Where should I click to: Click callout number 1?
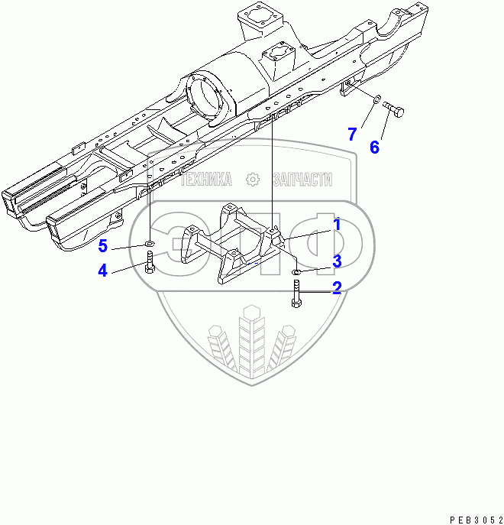335,225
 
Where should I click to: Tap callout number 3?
336,261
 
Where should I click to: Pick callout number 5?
102,245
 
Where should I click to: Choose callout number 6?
374,147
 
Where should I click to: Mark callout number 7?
352,134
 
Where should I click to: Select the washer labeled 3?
296,271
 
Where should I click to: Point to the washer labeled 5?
150,244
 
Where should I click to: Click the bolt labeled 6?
394,110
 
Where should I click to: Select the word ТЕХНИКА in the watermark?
205,180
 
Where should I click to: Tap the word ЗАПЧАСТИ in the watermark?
302,180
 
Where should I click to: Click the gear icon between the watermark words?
253,180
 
